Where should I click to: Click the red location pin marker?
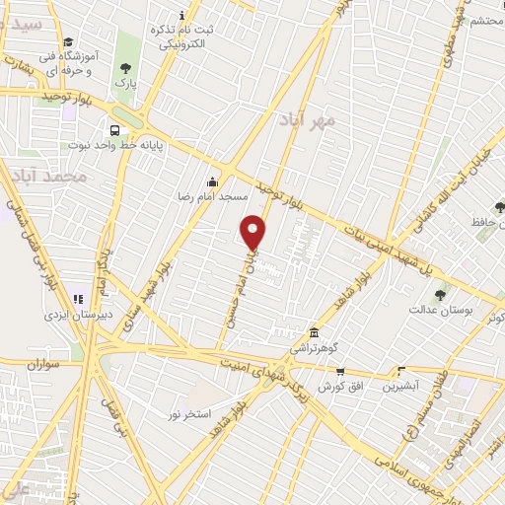253,232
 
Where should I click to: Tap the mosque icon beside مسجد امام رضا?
213,181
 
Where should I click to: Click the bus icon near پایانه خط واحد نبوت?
116,130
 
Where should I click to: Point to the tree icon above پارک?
125,68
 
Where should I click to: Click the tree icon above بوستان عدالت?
440,294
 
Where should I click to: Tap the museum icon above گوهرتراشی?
314,332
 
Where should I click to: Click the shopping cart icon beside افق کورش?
340,372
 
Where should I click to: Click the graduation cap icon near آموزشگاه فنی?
67,41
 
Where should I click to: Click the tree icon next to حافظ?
499,207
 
